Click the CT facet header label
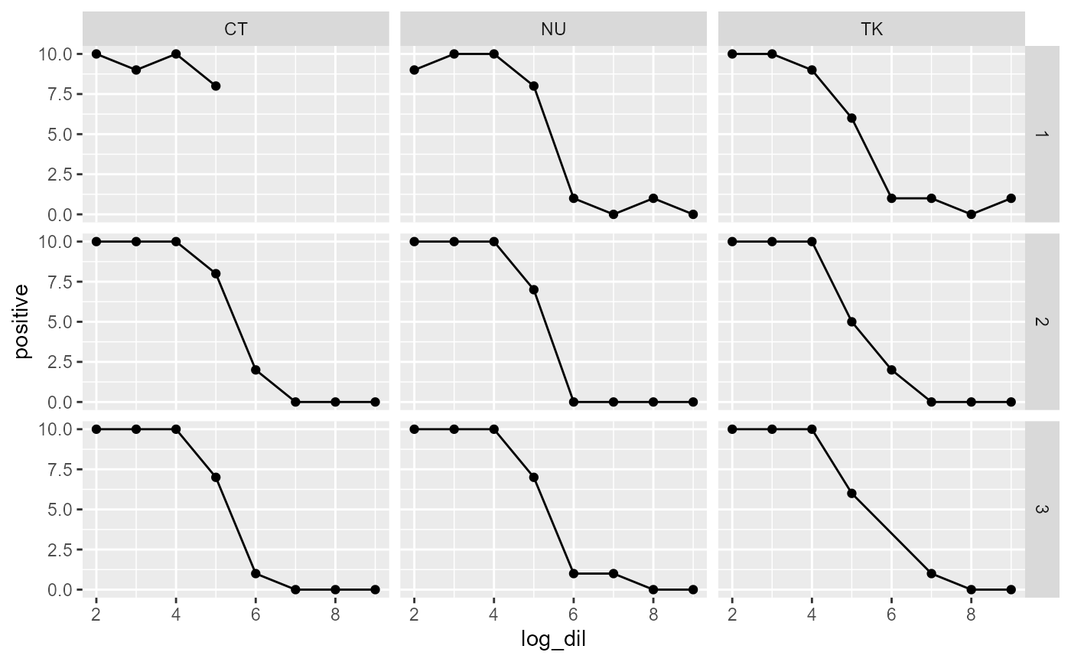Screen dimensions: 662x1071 pos(236,30)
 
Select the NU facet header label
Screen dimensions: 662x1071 pos(553,30)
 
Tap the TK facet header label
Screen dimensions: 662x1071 pos(871,30)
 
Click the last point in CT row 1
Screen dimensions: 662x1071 pos(216,86)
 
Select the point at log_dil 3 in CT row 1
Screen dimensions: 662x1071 pos(136,70)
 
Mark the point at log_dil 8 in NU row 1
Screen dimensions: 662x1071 pos(653,198)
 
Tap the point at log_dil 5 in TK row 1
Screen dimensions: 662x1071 pos(851,118)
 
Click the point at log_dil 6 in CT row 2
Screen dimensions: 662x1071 pos(256,370)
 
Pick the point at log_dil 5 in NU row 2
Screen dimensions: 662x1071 pos(533,289)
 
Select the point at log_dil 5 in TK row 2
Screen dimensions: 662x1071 pos(851,321)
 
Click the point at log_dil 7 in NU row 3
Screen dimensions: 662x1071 pos(613,573)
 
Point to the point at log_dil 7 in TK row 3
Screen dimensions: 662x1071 pos(931,573)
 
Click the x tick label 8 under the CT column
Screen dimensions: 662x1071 pos(335,612)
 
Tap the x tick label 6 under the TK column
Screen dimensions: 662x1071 pos(891,612)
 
